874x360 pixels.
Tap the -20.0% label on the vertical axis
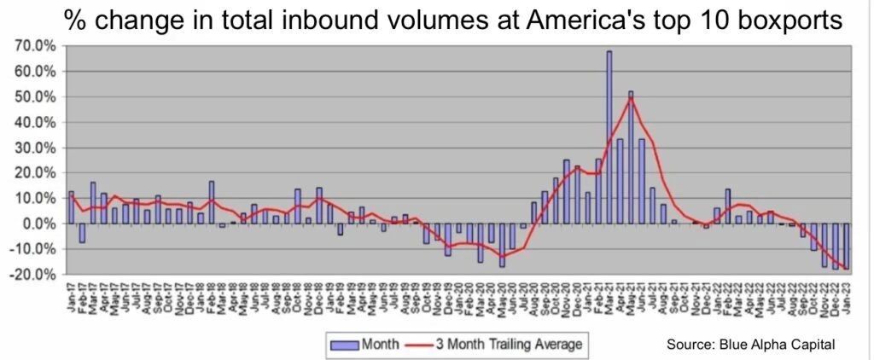tap(32, 274)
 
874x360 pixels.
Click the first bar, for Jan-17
tap(71, 207)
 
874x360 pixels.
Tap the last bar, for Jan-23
tap(847, 246)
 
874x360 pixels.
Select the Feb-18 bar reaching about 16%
tap(211, 202)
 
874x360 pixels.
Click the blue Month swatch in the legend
tap(344, 344)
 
